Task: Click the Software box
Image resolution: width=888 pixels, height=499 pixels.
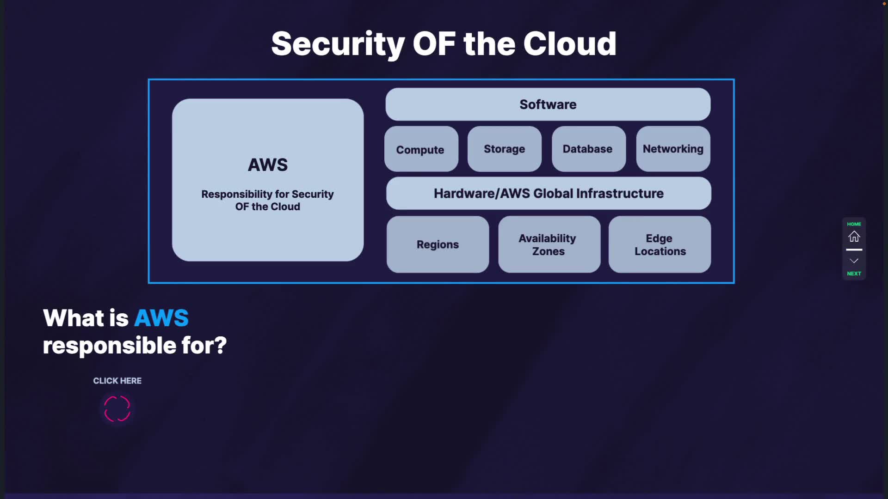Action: point(548,104)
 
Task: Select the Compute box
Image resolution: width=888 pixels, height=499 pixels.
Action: point(421,149)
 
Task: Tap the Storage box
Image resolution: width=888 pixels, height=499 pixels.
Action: point(504,149)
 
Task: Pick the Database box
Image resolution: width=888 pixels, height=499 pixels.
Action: point(588,149)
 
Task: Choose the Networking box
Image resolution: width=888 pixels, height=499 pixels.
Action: point(673,149)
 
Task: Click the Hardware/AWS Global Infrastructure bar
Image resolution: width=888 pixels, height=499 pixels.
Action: point(549,194)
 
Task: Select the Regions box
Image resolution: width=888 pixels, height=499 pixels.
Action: point(438,244)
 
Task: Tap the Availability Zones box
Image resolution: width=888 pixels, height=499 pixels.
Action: point(549,244)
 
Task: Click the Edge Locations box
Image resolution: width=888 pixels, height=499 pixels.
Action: point(660,244)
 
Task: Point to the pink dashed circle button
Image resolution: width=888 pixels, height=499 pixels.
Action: point(117,409)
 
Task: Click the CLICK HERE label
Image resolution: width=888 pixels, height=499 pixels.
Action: point(117,381)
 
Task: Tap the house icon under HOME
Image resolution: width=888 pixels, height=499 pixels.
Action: point(854,237)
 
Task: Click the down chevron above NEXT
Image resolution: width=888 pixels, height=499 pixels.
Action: point(854,261)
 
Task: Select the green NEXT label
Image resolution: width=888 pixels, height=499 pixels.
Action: point(854,274)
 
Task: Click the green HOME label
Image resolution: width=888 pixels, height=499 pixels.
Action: point(854,224)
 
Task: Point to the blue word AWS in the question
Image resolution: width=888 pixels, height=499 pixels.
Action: point(161,318)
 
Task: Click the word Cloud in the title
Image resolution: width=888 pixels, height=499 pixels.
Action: point(570,44)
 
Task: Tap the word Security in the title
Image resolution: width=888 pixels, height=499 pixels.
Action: point(338,44)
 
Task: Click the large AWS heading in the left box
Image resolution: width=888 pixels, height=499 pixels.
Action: point(268,165)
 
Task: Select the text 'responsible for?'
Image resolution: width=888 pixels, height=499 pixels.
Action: point(135,346)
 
